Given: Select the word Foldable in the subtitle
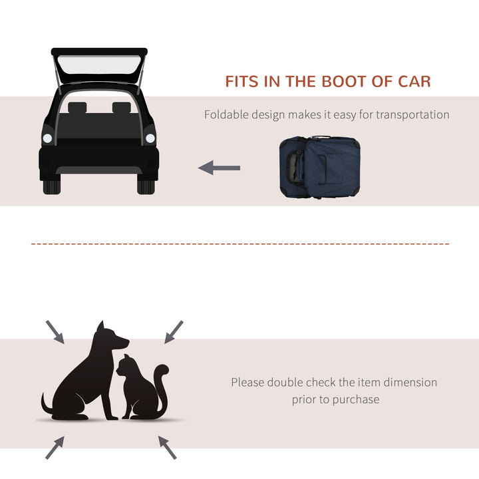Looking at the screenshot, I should tap(226, 114).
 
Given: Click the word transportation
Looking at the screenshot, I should tap(412, 114).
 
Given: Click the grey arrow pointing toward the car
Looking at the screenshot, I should tap(219, 168).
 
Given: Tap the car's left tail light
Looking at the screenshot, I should tap(47, 138).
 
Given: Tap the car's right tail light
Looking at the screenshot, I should tap(150, 138).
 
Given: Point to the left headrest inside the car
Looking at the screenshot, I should tap(78, 108).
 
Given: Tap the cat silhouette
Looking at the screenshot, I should tap(141, 389).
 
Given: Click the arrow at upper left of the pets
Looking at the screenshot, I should tap(55, 331).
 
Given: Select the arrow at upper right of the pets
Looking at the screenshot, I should tap(173, 331).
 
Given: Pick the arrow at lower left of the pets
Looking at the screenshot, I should tap(55, 448).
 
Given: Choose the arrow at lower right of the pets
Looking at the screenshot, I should tap(168, 448).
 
